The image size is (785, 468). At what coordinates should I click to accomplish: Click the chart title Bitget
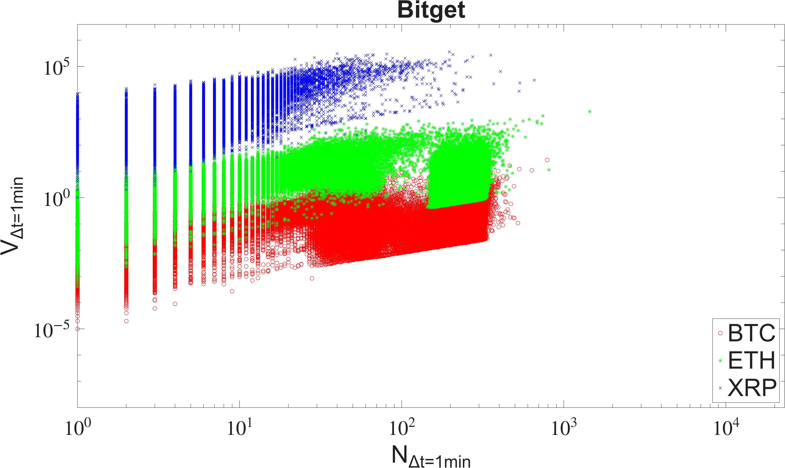431,10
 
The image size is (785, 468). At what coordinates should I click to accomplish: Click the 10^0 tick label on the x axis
78,427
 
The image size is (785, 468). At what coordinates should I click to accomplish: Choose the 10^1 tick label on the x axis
240,427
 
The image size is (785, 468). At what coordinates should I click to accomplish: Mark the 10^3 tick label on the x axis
564,427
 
